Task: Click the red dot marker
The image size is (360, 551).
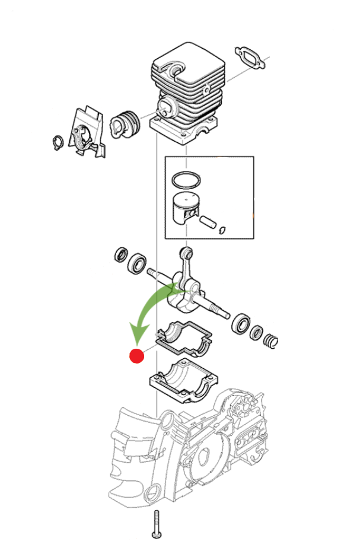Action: (x=137, y=356)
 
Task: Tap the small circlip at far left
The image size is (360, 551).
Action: (x=57, y=142)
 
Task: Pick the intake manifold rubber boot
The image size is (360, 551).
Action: (x=127, y=123)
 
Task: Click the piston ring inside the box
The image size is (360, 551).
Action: (x=187, y=179)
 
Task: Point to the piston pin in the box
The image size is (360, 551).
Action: (x=209, y=223)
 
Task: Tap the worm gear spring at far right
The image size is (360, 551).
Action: (x=270, y=340)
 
